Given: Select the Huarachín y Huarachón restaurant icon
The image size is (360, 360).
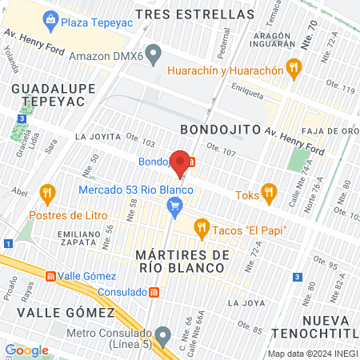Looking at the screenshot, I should click(x=294, y=70).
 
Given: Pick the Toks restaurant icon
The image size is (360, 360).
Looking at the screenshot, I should click(x=268, y=193).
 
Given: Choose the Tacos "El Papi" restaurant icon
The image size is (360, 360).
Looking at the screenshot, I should click(x=202, y=230).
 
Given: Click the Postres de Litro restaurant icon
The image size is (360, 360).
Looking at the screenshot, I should click(x=49, y=194).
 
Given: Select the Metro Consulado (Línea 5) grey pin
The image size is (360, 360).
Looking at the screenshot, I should click(x=163, y=333).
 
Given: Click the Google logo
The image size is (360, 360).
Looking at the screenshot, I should click(x=26, y=350).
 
